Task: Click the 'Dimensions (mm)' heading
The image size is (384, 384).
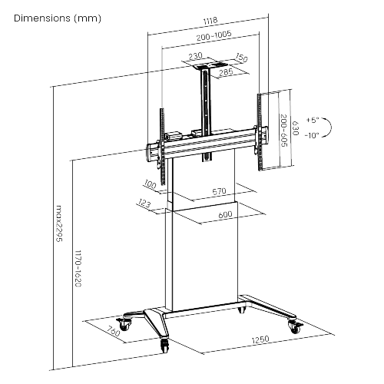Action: point(58,18)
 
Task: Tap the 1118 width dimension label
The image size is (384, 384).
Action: point(210,21)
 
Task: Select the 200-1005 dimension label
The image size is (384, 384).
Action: point(214,35)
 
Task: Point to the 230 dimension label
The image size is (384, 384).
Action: point(195,55)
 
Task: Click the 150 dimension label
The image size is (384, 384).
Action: point(241,58)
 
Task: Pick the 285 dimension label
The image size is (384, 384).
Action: point(226,72)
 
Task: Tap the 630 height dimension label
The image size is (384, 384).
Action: point(295,128)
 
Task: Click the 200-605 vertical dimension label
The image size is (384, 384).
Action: point(284,131)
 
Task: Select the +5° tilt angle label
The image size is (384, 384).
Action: point(313,120)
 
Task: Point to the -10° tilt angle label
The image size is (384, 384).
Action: point(312,135)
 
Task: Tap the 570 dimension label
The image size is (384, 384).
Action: point(220,191)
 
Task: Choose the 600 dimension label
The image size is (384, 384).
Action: point(225,214)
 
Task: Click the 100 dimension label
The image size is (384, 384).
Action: point(150,184)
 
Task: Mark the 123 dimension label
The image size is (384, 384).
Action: point(144,204)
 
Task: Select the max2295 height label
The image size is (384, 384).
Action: point(59,223)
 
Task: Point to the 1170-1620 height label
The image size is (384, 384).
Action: point(78,269)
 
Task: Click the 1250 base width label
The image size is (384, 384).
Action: point(260,339)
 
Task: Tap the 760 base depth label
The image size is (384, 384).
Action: point(113,331)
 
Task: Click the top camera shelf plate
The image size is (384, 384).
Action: point(210,65)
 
